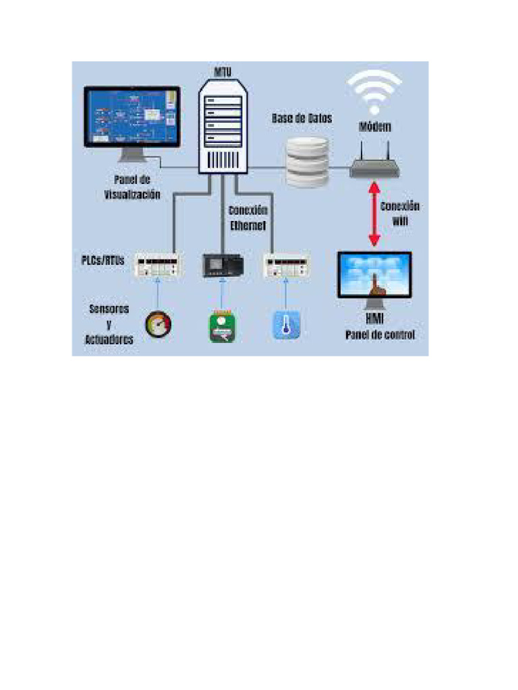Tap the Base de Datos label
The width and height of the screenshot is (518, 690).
coord(302,118)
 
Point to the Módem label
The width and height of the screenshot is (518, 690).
coord(374,127)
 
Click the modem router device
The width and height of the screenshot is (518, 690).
coord(374,166)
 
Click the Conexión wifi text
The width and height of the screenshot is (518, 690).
coord(400,213)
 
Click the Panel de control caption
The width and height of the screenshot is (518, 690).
coord(380,335)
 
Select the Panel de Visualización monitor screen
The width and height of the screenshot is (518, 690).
coord(132,117)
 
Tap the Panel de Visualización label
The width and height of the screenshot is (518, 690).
coord(132,187)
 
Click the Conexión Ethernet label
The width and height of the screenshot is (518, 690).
coord(248,218)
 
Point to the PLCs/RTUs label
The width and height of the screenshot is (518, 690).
coord(99,260)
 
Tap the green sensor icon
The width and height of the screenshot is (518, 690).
coord(221,326)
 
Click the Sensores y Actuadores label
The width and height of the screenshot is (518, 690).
coord(109,325)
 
